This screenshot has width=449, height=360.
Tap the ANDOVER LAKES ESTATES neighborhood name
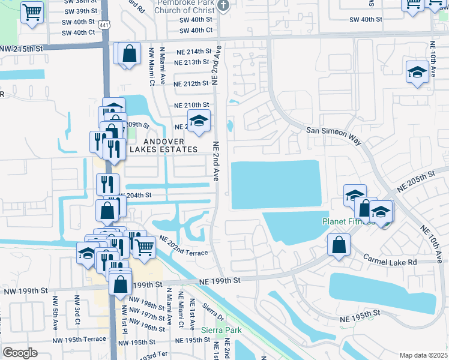tap(161, 145)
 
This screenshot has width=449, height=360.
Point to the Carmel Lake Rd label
tap(390, 260)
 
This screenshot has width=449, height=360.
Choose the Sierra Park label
tap(229, 330)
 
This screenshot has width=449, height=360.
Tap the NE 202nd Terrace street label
tap(183, 245)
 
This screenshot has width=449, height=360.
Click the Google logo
tap(20, 353)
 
